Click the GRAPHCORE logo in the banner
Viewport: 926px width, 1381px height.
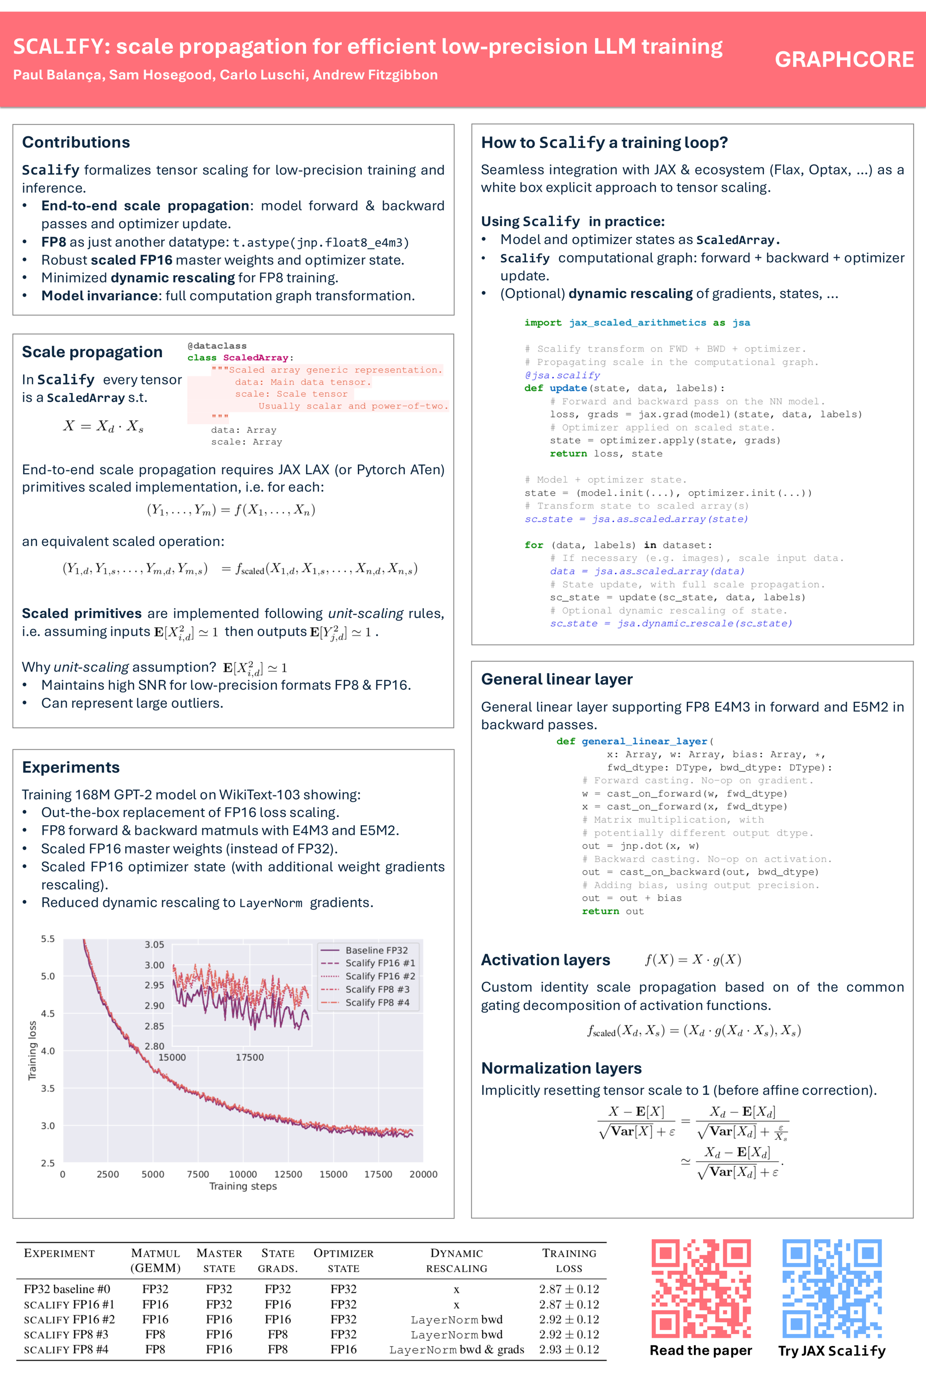[844, 59]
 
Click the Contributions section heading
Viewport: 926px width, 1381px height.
[76, 142]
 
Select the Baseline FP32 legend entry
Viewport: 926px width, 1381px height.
[376, 950]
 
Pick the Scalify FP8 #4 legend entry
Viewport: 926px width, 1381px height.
[377, 1002]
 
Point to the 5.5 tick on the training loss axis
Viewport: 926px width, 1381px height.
[48, 939]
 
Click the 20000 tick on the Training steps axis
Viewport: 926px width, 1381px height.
[423, 1174]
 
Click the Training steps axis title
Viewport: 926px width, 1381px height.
[243, 1186]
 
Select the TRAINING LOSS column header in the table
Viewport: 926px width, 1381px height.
[569, 1261]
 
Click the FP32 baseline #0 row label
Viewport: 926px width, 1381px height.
[67, 1289]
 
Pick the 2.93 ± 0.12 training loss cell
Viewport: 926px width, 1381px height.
[569, 1349]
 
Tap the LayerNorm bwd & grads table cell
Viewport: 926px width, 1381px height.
[456, 1349]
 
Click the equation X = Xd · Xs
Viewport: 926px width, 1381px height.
[104, 426]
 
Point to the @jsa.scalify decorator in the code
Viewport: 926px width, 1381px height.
[562, 375]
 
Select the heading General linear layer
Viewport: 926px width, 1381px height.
[556, 679]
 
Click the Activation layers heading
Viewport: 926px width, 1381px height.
[545, 960]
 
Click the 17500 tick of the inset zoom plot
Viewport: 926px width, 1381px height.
[250, 1057]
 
